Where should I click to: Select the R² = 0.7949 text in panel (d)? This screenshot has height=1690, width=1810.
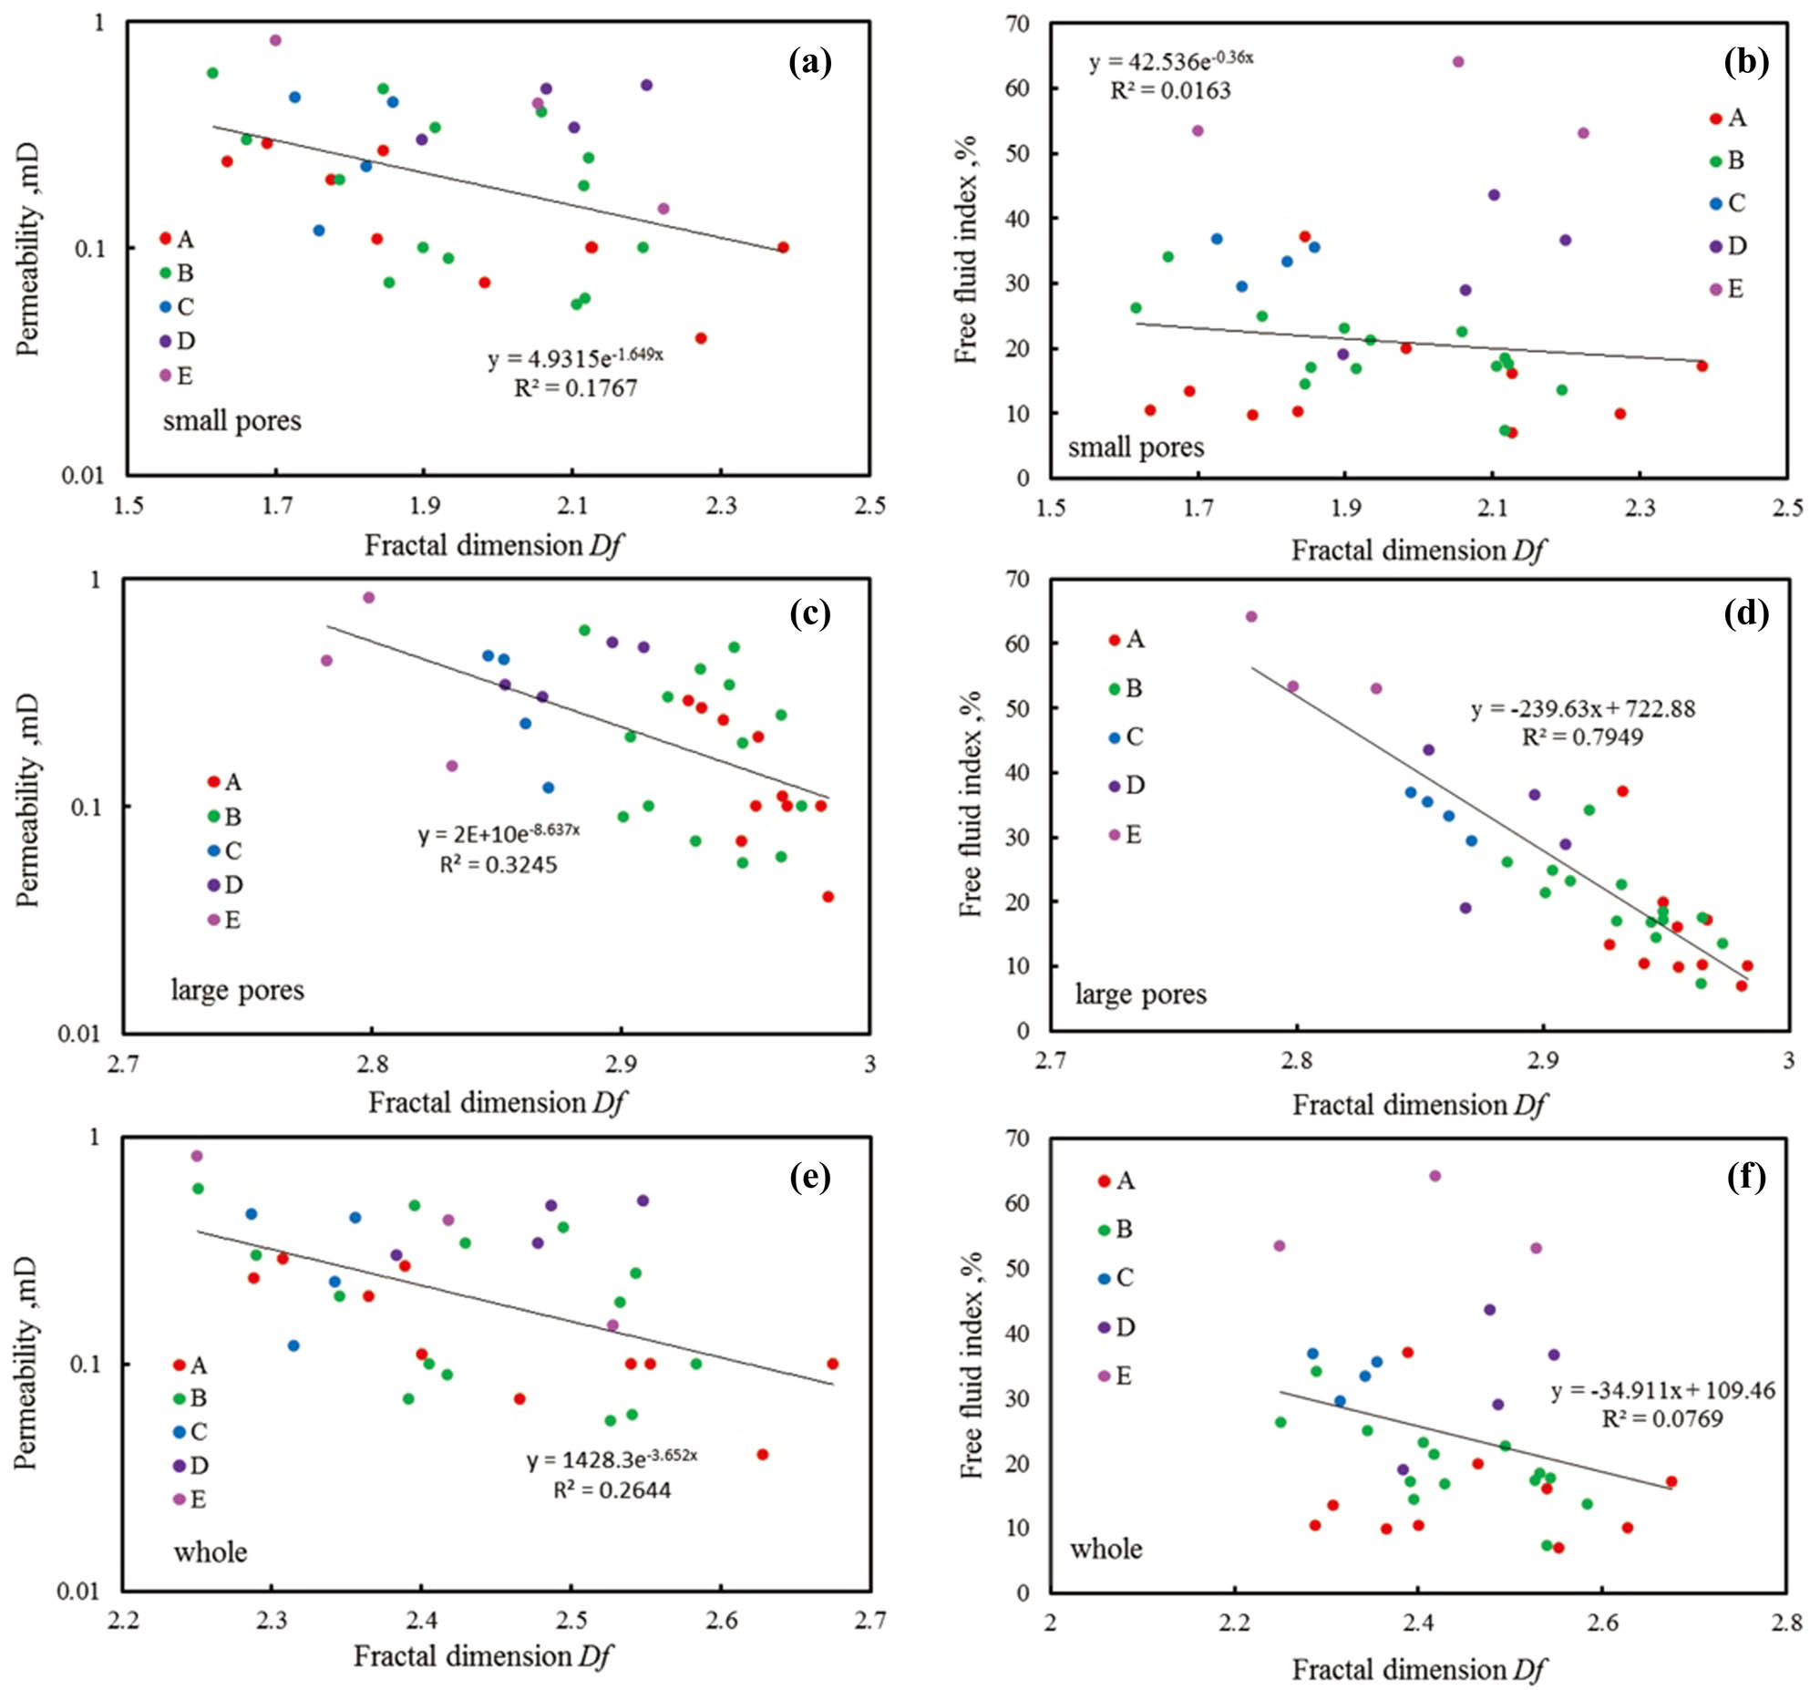coord(1582,737)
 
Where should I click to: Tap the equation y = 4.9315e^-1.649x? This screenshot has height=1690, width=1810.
coord(575,357)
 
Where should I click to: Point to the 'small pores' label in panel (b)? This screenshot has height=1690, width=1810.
coord(1136,448)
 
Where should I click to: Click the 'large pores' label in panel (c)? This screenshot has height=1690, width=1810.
coord(237,990)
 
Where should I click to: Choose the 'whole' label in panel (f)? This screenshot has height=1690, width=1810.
coord(1106,1549)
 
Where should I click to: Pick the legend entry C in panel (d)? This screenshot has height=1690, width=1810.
coord(1126,737)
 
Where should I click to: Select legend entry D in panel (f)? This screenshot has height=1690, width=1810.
coord(1116,1327)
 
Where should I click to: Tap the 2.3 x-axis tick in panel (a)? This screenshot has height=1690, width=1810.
coord(721,505)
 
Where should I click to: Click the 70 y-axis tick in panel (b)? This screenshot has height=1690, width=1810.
coord(1018,24)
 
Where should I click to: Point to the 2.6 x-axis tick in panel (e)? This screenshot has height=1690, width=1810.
coord(721,1620)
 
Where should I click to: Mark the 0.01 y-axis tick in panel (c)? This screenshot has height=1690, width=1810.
coord(80,1034)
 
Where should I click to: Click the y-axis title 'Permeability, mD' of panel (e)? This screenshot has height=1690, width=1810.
coord(27,1363)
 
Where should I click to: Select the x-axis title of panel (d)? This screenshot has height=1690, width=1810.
coord(1418,1106)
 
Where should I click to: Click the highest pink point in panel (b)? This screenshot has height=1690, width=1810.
coord(1457,62)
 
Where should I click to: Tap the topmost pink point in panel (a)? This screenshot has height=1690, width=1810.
coord(275,40)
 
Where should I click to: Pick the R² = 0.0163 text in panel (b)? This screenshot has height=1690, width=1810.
coord(1170,91)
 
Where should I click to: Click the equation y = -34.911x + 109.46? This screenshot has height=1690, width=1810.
coord(1662,1390)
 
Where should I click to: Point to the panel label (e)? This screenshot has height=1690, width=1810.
coord(809,1177)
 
